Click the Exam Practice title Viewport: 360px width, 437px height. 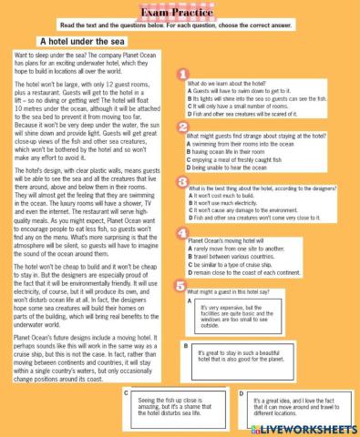[x=180, y=9]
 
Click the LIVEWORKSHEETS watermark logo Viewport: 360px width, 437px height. [x=309, y=427]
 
